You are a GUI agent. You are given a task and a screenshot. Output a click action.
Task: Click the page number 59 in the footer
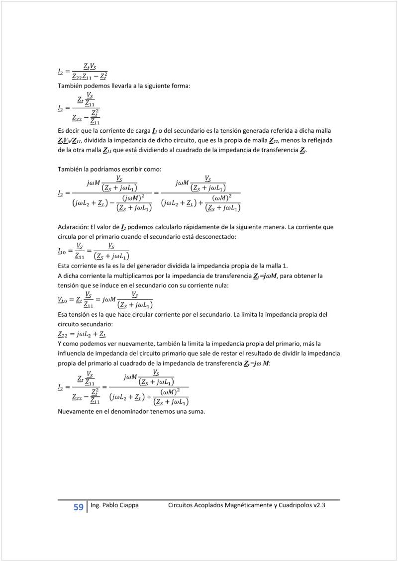78,507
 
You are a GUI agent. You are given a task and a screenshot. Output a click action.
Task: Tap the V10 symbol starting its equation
63,300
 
